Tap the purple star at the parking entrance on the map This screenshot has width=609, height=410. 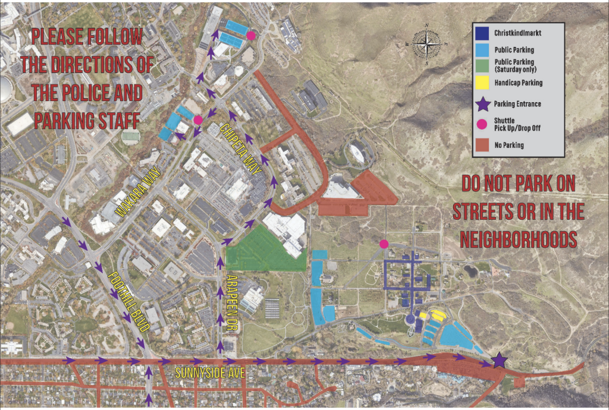point(499,360)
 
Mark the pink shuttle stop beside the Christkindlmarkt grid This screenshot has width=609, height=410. point(384,244)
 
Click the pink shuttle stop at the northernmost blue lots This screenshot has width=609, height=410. point(251,36)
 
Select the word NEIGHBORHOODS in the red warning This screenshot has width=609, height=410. point(519,239)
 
